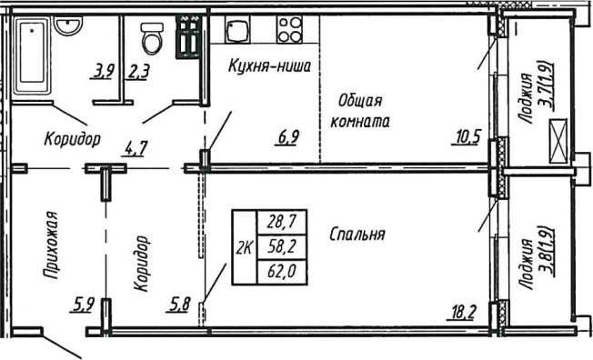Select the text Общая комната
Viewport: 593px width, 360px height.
[362, 110]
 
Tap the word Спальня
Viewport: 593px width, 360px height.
[357, 234]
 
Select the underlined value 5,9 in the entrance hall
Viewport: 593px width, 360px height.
[84, 306]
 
